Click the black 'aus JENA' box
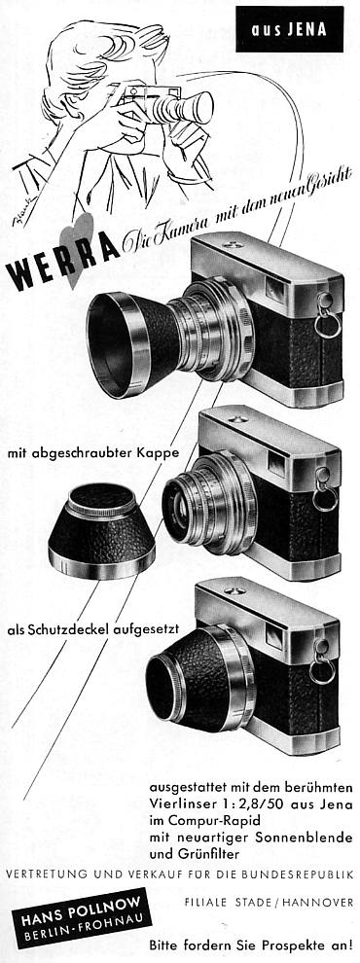pos(289,28)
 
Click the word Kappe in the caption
pos(166,452)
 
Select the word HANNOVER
pos(322,904)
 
